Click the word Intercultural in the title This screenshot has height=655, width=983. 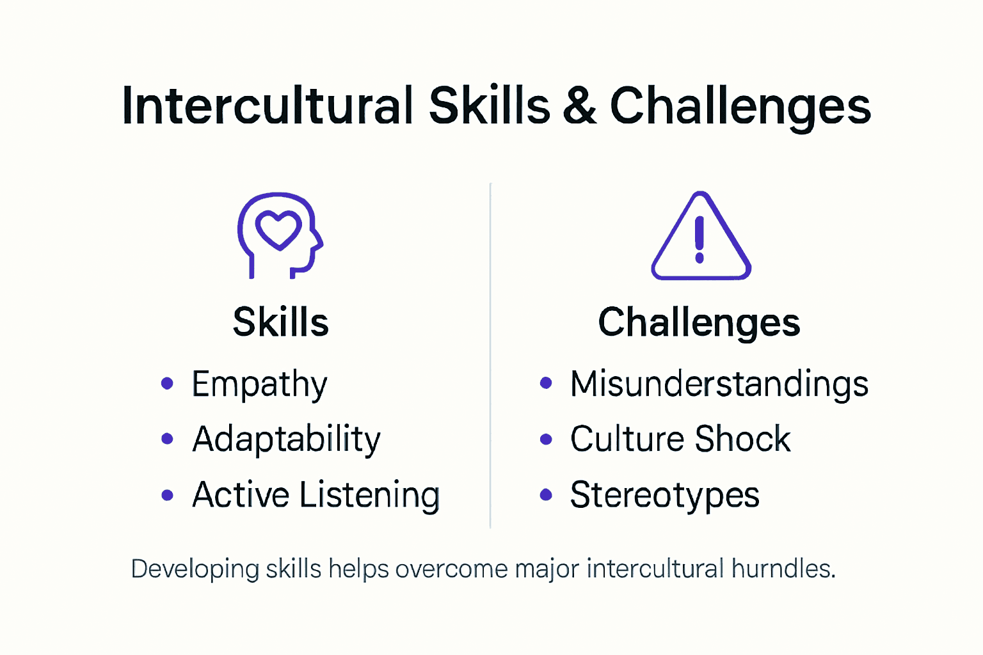coord(268,106)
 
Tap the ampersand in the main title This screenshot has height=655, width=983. coord(579,106)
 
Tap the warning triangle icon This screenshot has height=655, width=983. coord(701,237)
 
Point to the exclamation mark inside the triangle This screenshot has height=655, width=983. coord(699,239)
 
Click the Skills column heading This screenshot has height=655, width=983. coord(280,322)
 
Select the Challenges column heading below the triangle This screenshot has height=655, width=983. coord(699,322)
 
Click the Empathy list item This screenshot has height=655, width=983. coord(259,384)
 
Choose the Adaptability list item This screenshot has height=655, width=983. coord(286,439)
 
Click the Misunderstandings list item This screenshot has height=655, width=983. coord(719,384)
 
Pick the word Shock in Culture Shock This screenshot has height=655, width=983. coord(742,439)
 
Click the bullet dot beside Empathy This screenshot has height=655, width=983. coord(167,384)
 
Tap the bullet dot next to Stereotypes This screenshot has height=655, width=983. coord(546,494)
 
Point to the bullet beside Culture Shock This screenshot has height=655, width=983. coord(546,439)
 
